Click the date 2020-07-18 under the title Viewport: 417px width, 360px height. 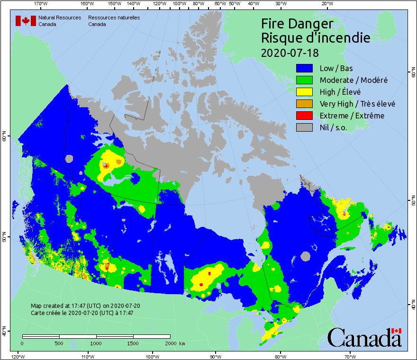(290, 52)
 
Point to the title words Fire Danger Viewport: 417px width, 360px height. (297, 24)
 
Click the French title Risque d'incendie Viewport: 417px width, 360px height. (316, 38)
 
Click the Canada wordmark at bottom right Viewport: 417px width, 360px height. (364, 338)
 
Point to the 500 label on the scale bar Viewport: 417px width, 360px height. (59, 343)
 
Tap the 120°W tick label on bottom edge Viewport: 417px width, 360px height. (18, 356)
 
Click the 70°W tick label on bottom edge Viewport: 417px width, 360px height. (350, 356)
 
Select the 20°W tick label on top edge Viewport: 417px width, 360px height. (326, 4)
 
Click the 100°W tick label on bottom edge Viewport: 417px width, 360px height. (153, 356)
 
